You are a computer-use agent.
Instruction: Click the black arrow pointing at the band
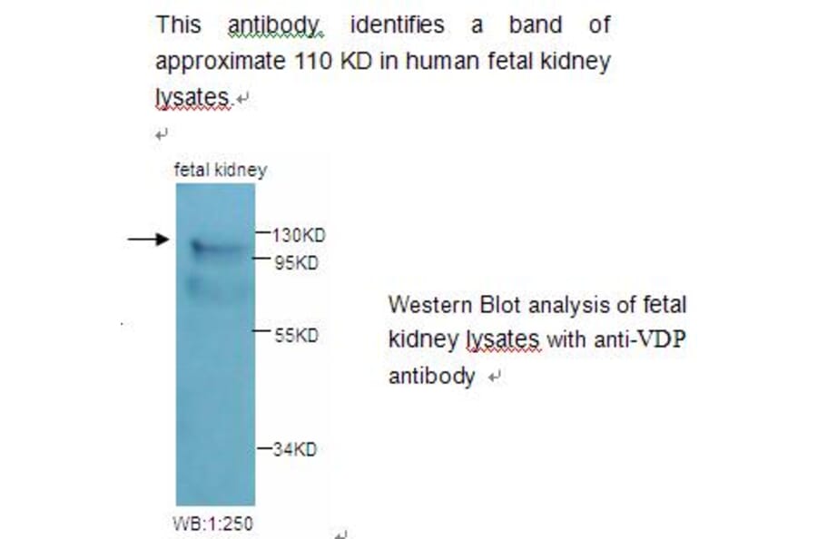(x=147, y=239)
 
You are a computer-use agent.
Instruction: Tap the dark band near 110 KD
(x=214, y=246)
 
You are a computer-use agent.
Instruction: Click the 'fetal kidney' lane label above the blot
(x=220, y=170)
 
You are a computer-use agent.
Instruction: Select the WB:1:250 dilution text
(x=212, y=523)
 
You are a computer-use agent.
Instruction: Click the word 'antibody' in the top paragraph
(x=275, y=25)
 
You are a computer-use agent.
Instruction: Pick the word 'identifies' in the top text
(x=397, y=25)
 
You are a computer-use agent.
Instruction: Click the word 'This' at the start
(x=178, y=25)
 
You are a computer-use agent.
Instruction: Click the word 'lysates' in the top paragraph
(x=192, y=97)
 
